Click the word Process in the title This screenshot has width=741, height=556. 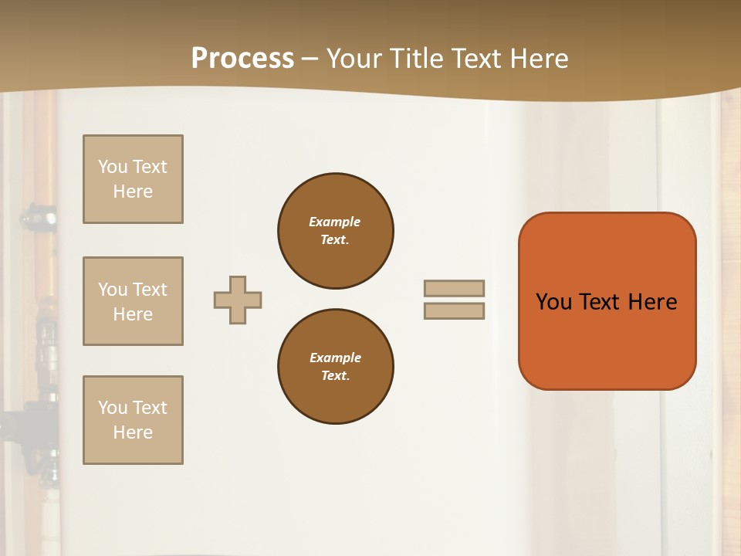tap(242, 59)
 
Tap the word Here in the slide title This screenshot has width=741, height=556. tap(539, 59)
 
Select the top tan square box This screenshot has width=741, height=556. tap(133, 179)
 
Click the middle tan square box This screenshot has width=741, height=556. tap(133, 301)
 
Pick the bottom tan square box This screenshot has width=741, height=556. tap(133, 420)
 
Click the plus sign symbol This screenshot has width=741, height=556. tap(238, 300)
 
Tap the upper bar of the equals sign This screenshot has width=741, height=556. tap(454, 289)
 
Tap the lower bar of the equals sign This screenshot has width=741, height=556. tap(454, 311)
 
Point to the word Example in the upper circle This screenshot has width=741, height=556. tap(335, 222)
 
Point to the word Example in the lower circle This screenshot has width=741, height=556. tap(335, 358)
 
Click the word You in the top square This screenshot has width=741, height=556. tap(113, 167)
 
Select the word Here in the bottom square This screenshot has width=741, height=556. tap(133, 432)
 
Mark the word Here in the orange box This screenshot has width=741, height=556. tap(652, 302)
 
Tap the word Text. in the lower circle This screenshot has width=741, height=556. tap(335, 375)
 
